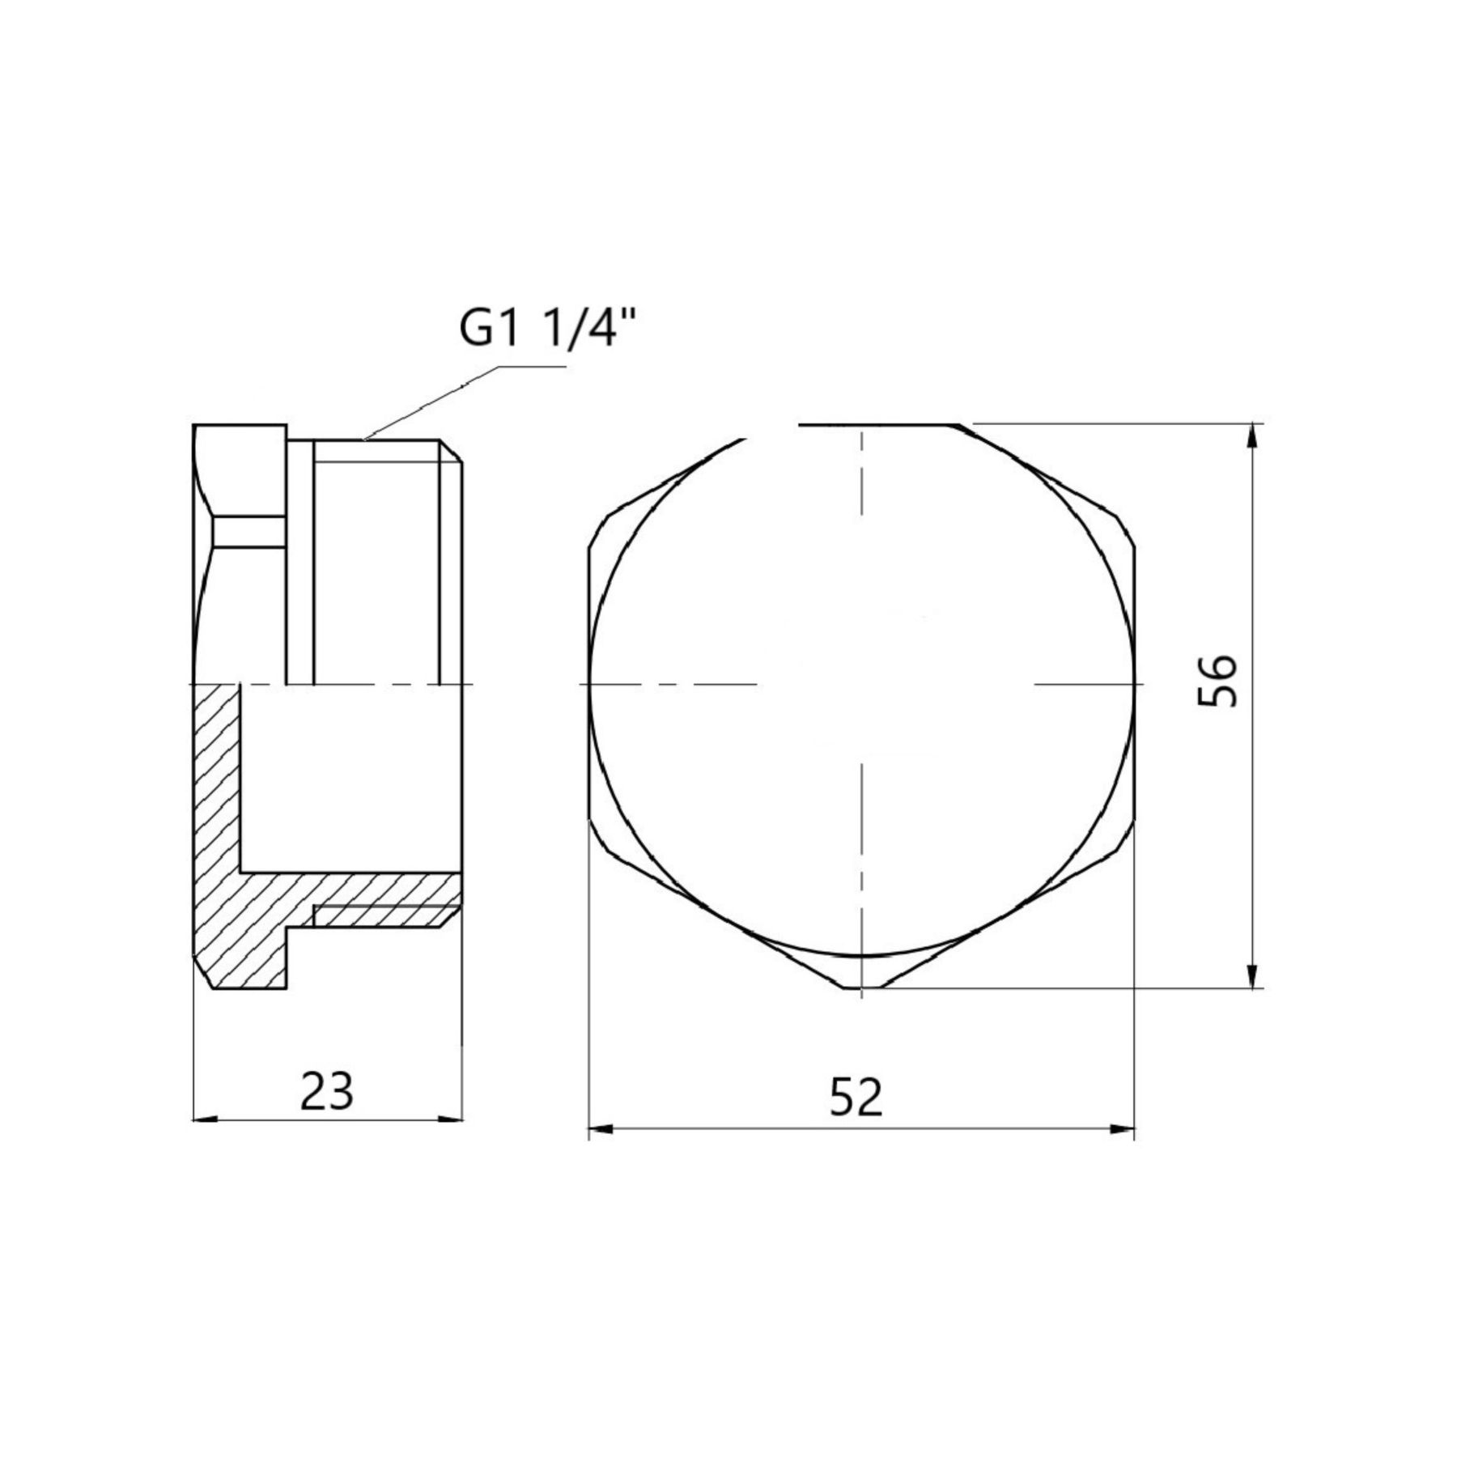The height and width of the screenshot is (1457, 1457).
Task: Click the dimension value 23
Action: [327, 1090]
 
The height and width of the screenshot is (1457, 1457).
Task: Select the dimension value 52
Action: [856, 1098]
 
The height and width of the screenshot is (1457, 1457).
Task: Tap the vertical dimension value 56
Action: [1217, 682]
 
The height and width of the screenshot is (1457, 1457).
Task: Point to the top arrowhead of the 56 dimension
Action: [1252, 438]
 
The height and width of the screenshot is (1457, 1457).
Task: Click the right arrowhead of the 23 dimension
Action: [448, 1119]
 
